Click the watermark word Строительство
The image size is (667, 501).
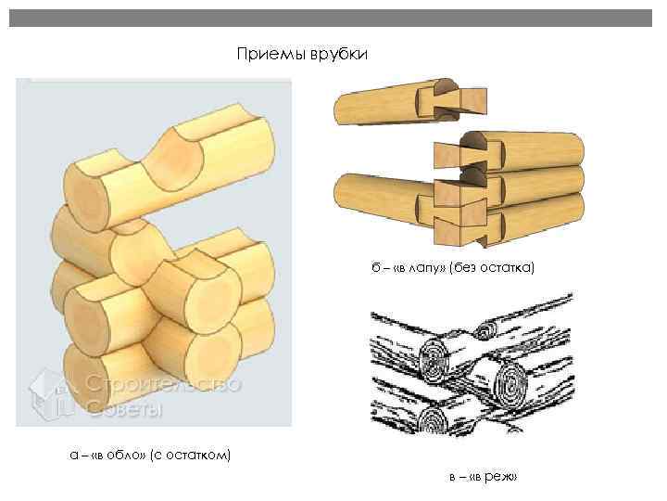[164, 384]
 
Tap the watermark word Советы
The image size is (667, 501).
[125, 408]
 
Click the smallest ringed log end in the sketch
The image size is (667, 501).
[484, 328]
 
